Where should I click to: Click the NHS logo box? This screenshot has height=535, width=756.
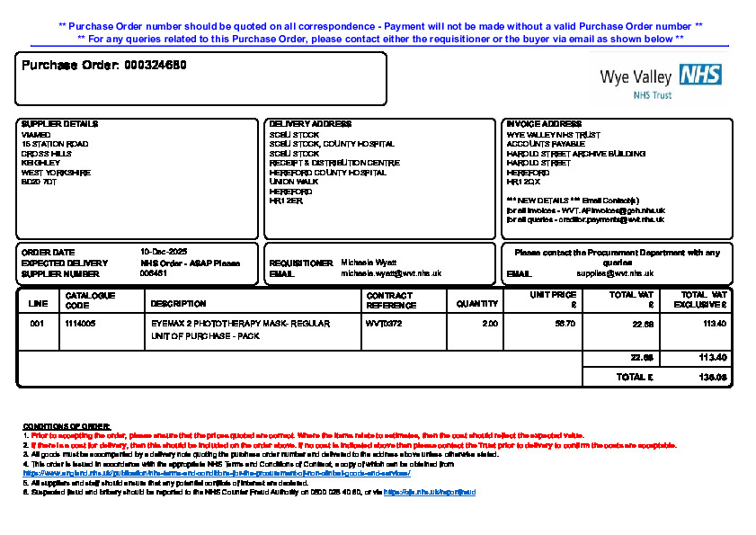[699, 75]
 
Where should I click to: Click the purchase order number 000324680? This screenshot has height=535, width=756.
[156, 66]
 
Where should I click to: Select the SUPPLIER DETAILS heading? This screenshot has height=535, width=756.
[59, 124]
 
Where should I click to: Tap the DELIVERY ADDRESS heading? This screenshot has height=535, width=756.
[310, 124]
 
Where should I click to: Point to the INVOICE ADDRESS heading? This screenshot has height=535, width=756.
[544, 124]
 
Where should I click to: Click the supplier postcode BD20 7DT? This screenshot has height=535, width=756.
[39, 182]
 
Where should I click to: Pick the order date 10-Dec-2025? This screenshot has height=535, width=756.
[163, 252]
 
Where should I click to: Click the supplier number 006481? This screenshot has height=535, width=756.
[155, 273]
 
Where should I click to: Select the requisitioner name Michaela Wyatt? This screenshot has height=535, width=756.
[369, 263]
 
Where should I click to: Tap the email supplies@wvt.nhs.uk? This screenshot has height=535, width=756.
[615, 273]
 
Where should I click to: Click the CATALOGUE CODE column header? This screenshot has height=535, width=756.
[90, 299]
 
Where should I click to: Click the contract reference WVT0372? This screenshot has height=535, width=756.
[384, 323]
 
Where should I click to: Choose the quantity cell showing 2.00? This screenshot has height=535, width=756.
[490, 323]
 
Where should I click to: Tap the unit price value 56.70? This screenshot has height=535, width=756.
[565, 323]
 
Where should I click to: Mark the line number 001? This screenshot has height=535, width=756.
[37, 323]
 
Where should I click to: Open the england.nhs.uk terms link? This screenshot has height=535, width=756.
[216, 473]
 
